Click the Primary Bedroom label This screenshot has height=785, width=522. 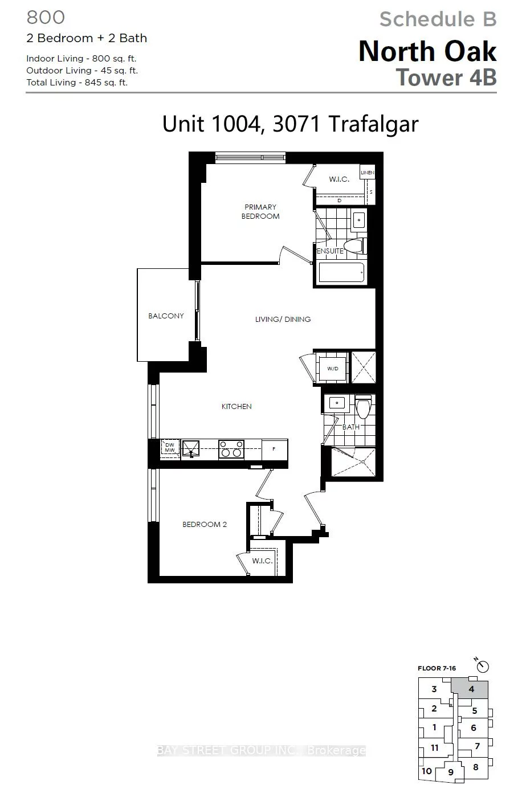click(x=260, y=211)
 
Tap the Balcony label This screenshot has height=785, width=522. click(x=166, y=316)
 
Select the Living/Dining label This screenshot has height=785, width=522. click(x=283, y=319)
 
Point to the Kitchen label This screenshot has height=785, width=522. click(x=236, y=406)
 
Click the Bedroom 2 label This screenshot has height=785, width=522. click(x=205, y=524)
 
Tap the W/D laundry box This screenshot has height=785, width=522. click(x=332, y=368)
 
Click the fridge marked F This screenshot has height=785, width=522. click(x=274, y=449)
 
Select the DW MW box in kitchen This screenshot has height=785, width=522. click(x=170, y=448)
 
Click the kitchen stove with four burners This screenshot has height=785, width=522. click(x=231, y=449)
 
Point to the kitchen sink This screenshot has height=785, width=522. click(x=190, y=449)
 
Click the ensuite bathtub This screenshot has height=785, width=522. click(x=341, y=273)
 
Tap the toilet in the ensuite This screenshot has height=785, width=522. click(x=353, y=246)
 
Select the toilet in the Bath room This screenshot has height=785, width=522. click(x=363, y=407)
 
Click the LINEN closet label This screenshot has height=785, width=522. click(x=367, y=172)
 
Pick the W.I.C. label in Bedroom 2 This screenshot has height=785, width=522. click(x=262, y=561)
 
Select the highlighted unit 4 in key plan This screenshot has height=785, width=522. click(x=471, y=689)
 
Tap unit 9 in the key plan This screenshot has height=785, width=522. click(x=450, y=772)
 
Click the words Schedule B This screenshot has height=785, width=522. click(x=438, y=19)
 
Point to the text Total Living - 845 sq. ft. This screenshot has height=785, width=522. click(x=77, y=83)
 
